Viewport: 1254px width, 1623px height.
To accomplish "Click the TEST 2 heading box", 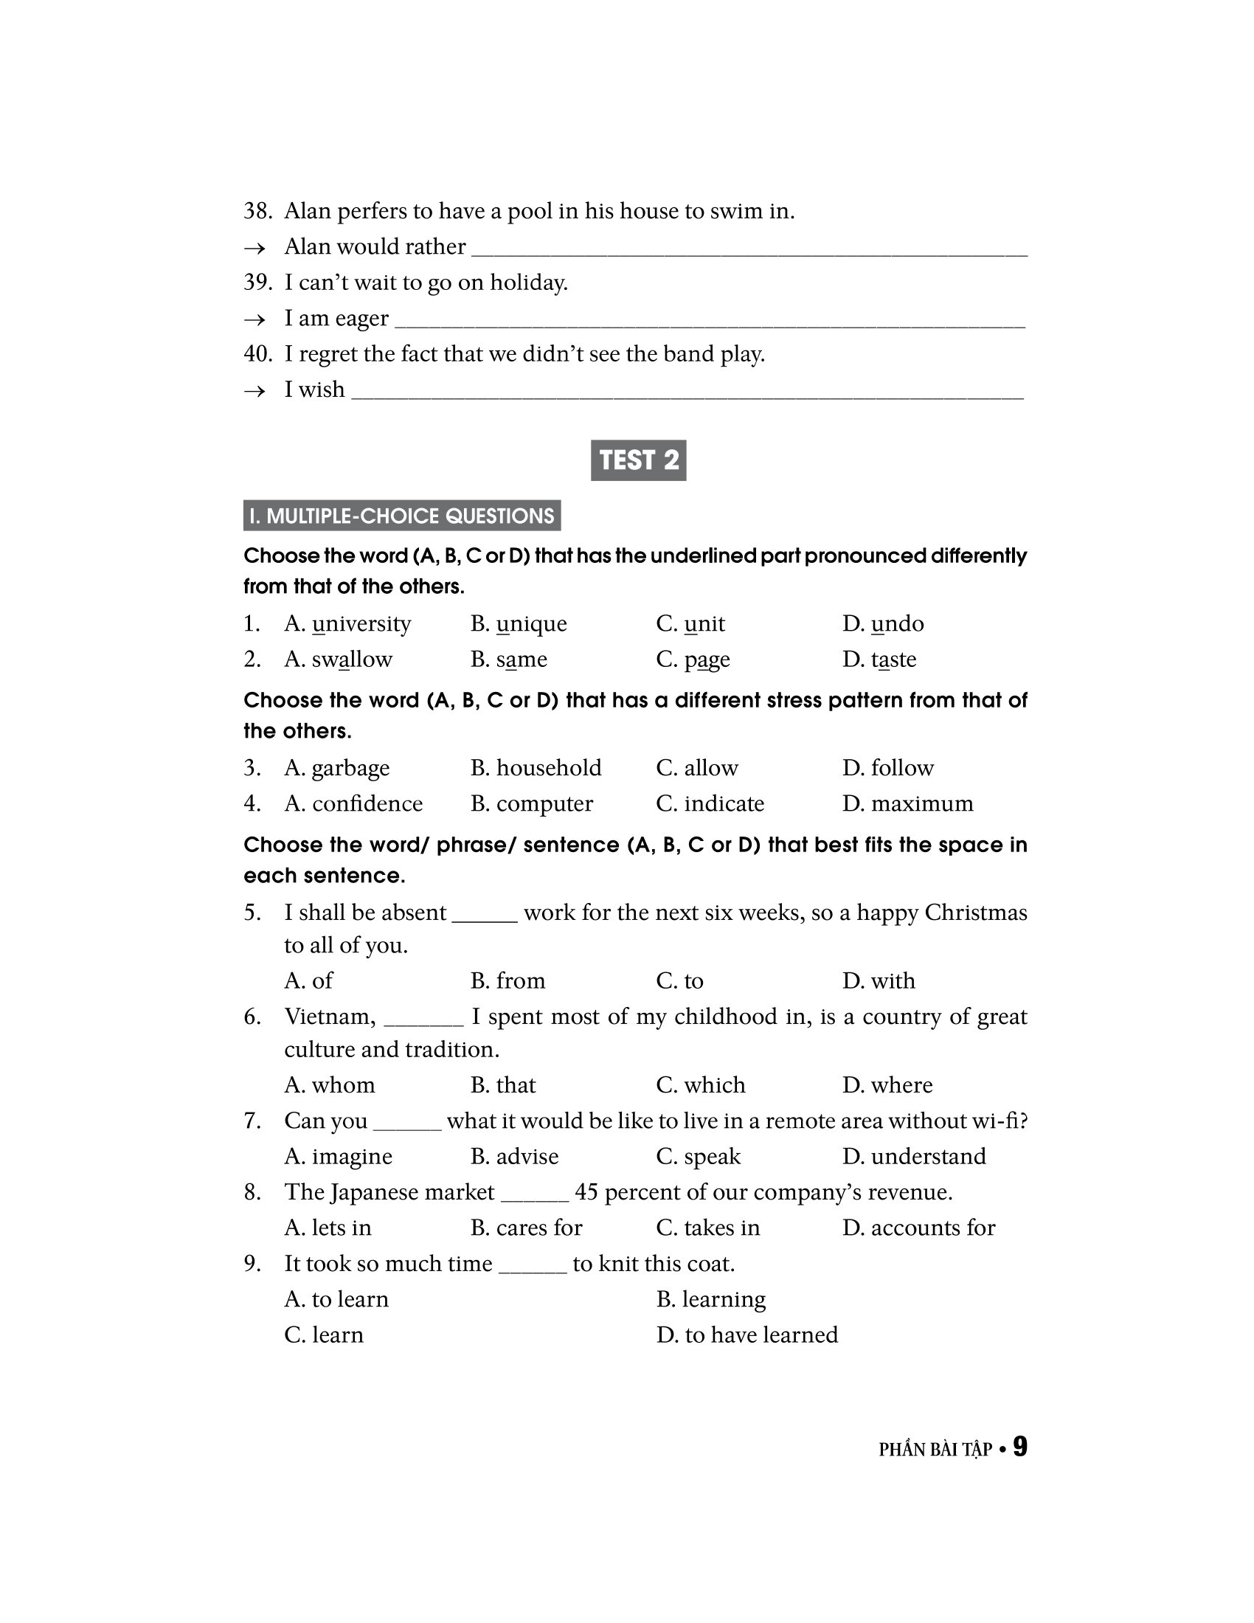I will click(638, 460).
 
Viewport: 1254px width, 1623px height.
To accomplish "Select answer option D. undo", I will click(883, 623).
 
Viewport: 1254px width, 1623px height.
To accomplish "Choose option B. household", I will click(536, 768).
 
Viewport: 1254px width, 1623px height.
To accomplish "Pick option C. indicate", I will click(710, 803).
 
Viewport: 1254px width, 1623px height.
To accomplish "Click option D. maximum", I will click(908, 803).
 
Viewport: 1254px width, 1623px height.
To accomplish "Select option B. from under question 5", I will click(508, 980).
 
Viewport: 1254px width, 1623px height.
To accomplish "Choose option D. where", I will click(887, 1085).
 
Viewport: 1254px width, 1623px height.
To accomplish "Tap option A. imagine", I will click(338, 1156).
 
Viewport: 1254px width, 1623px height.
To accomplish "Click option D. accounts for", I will click(919, 1228).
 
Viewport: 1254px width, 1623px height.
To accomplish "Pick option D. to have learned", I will click(747, 1335).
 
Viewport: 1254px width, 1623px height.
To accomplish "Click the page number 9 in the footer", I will click(1020, 1447).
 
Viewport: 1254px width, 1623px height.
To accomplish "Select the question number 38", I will click(257, 211).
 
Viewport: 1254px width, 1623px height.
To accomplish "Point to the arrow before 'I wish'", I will click(254, 391).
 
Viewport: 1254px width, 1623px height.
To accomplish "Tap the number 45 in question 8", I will click(586, 1192).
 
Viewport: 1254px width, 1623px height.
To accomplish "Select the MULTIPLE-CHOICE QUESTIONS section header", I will click(402, 516).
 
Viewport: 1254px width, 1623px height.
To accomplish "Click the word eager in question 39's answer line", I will click(362, 319).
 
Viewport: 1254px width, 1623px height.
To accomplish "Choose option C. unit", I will click(691, 623).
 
